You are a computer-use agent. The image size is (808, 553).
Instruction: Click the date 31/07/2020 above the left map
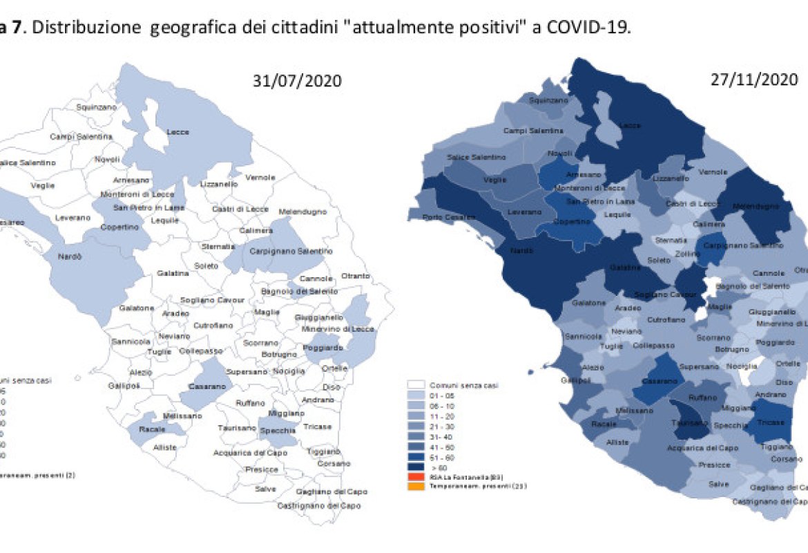pyautogui.click(x=297, y=80)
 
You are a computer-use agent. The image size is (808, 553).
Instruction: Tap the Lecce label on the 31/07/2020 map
pyautogui.click(x=178, y=132)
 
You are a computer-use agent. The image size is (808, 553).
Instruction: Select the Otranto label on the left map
pyautogui.click(x=354, y=276)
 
